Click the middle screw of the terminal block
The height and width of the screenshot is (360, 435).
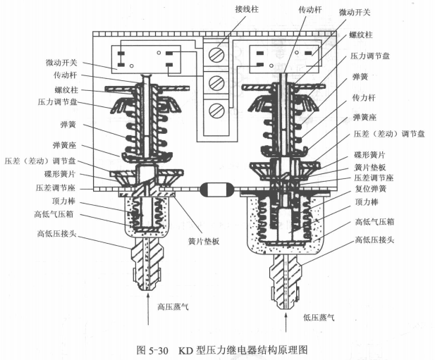(219, 82)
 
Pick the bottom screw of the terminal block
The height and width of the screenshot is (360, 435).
(219, 111)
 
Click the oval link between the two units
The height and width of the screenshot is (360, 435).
(214, 190)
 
